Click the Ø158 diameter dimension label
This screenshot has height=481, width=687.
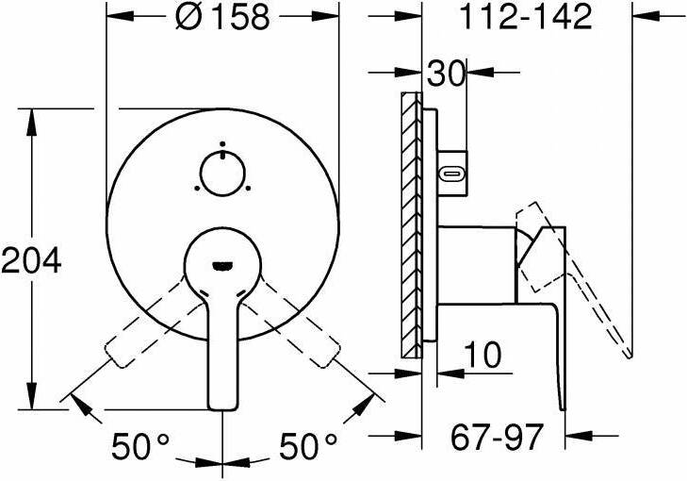click(x=222, y=18)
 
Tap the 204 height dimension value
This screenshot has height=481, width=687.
click(x=31, y=260)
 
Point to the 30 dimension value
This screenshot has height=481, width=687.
click(x=446, y=74)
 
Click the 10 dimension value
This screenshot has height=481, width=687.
click(x=483, y=355)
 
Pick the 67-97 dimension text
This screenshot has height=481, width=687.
click(x=498, y=437)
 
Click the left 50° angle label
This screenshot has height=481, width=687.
click(x=139, y=446)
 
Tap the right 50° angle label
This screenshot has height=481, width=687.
click(x=308, y=446)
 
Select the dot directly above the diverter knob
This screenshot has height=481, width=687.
click(x=222, y=143)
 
